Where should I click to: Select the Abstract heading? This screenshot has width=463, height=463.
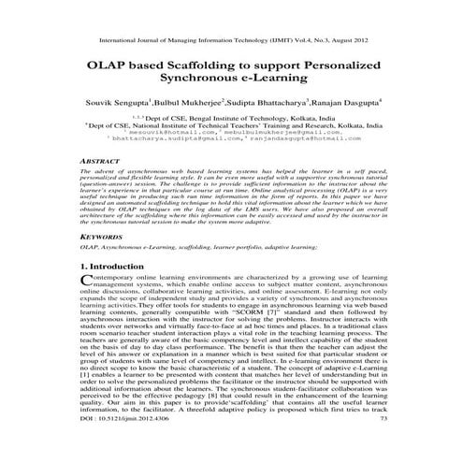tap(100, 162)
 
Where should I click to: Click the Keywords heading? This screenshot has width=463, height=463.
tap(103, 238)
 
